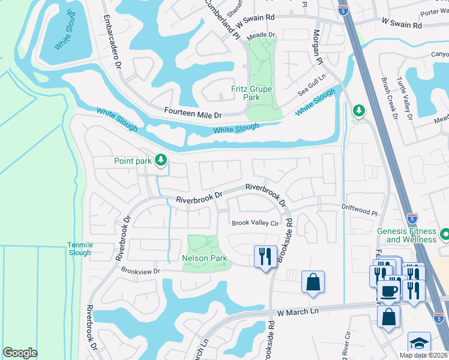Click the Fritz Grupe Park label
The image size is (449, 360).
[x=252, y=93]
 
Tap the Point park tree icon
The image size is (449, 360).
[x=160, y=160]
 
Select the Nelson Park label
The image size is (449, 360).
[x=205, y=259]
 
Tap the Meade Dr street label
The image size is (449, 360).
[x=262, y=35]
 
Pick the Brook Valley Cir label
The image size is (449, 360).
[x=256, y=223]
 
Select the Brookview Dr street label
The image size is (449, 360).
[x=141, y=271]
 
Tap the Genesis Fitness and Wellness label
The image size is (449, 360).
[x=411, y=235]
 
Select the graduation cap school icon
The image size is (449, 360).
[x=418, y=343]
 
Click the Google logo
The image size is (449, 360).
[x=20, y=353]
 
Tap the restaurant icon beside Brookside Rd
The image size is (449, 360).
[x=265, y=257]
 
